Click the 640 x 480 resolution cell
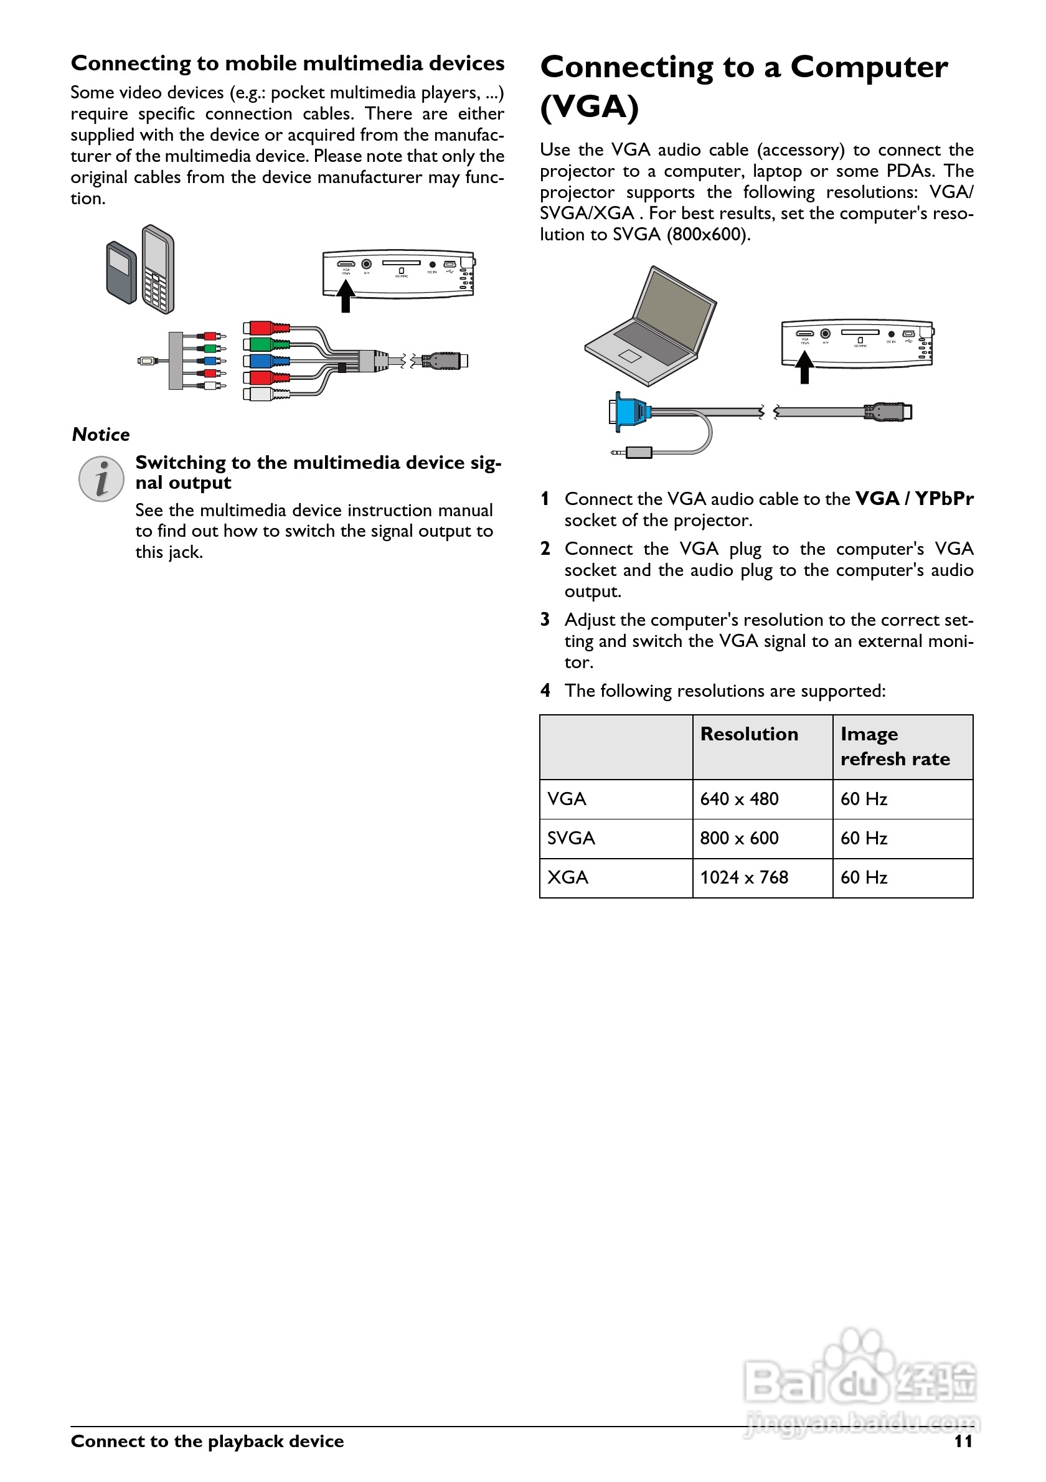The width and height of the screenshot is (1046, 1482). click(x=739, y=799)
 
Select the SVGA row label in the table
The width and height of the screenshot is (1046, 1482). click(x=571, y=839)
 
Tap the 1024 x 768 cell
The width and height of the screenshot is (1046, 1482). click(x=744, y=878)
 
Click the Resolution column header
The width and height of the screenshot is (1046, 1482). click(x=749, y=735)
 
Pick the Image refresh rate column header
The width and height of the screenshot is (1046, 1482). click(x=895, y=746)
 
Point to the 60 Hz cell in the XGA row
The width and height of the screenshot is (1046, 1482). click(x=864, y=878)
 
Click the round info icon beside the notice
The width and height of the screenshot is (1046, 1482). click(x=101, y=479)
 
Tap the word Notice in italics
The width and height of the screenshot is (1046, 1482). click(x=101, y=435)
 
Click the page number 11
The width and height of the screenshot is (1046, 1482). click(x=963, y=1442)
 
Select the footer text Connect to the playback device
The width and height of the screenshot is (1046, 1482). click(x=207, y=1442)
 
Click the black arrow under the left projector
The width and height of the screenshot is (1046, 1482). click(x=346, y=296)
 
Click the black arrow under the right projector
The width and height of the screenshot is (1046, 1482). click(x=804, y=368)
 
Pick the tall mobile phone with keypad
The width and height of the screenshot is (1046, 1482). click(x=158, y=269)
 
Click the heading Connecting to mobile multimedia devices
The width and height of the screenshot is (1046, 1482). click(x=288, y=64)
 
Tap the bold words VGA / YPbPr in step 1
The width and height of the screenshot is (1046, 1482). click(x=915, y=499)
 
